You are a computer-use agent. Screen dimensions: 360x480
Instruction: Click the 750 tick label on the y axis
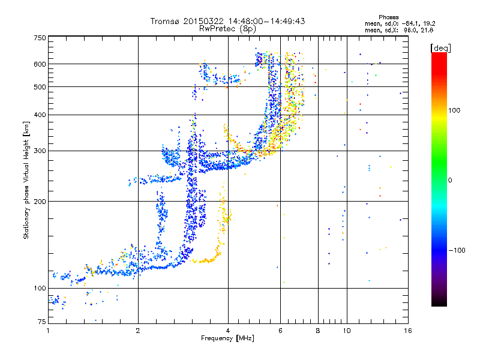coord(40,38)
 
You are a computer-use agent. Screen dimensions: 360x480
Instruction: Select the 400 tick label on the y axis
coord(40,115)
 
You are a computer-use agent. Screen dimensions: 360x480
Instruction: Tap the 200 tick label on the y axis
coord(40,202)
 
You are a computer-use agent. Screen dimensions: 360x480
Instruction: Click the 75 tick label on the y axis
coord(41,322)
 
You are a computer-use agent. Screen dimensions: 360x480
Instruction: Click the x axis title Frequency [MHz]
coord(227,338)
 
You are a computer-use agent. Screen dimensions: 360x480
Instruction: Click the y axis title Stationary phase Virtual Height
coord(26,180)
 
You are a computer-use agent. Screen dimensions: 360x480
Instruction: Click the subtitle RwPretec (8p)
coord(227,28)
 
